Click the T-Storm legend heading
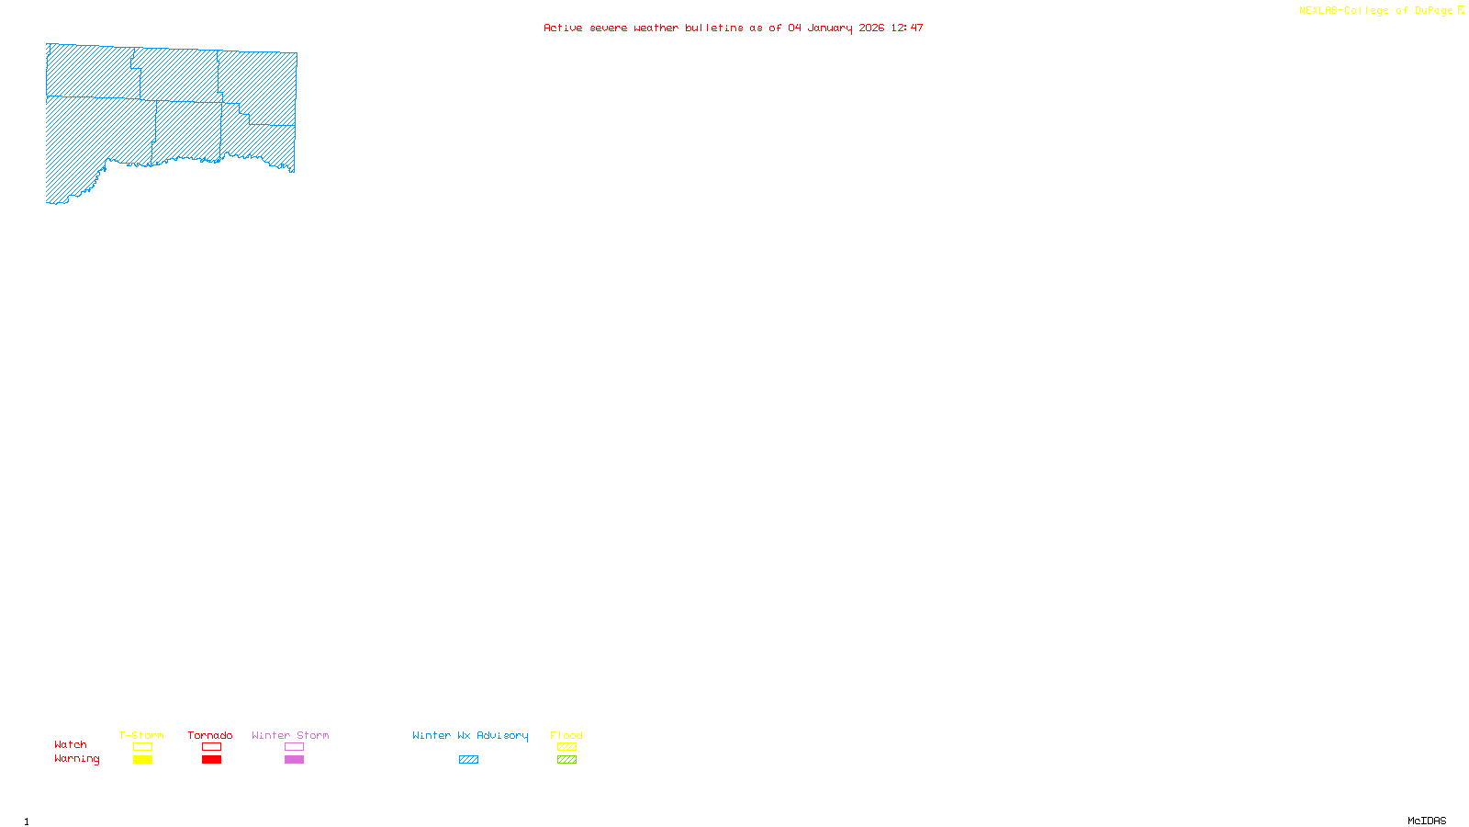click(141, 735)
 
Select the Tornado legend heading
click(210, 735)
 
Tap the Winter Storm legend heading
click(290, 735)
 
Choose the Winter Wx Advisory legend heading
click(470, 735)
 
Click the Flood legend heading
click(566, 735)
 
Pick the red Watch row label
click(71, 744)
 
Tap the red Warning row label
click(77, 759)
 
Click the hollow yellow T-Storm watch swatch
click(142, 747)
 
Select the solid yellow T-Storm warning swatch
click(142, 760)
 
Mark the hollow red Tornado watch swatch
click(211, 747)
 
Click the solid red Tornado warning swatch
click(211, 760)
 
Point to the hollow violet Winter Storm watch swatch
click(294, 747)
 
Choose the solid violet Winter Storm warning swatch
click(294, 760)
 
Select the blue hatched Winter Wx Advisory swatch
click(468, 760)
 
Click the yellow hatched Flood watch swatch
click(566, 747)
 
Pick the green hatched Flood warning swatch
click(566, 760)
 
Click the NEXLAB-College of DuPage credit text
click(1376, 11)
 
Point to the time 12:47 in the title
click(907, 28)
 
